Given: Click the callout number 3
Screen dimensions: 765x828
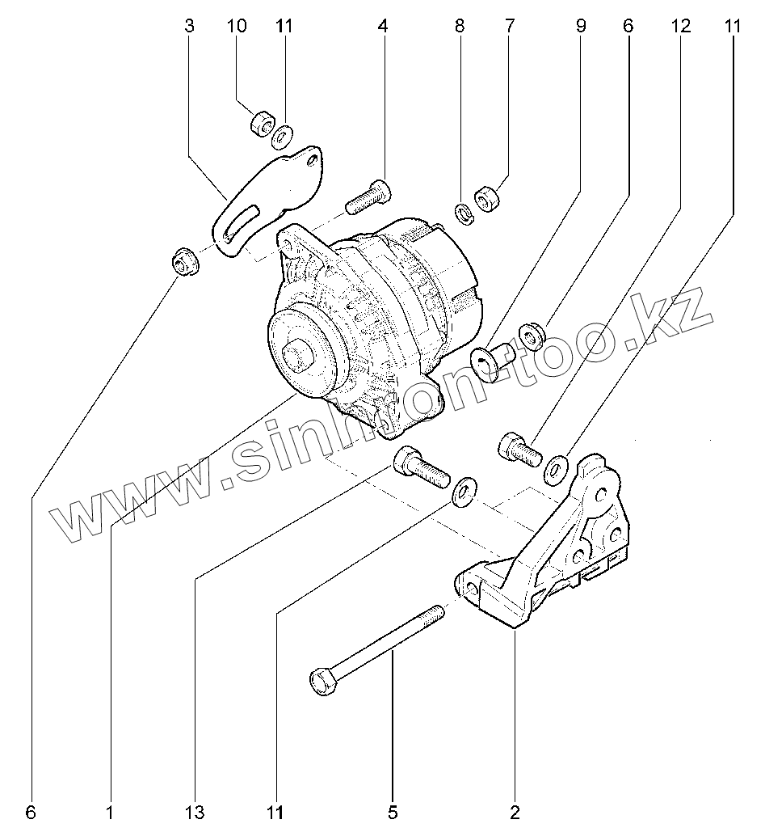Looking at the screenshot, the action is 190,26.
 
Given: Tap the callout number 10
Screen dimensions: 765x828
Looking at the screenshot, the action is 236,26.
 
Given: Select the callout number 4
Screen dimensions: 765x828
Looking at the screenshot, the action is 382,26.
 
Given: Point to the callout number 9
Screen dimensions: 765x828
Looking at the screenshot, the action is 581,26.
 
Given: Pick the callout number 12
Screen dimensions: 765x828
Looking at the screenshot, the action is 680,26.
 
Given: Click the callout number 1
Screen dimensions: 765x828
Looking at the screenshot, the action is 109,810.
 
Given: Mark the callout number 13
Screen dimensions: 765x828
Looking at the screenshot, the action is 198,810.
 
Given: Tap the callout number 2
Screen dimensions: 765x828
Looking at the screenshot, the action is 515,810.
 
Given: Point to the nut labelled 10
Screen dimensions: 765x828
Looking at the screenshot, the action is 260,125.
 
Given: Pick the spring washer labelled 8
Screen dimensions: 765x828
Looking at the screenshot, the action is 464,213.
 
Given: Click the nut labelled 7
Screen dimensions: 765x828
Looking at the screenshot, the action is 487,199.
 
